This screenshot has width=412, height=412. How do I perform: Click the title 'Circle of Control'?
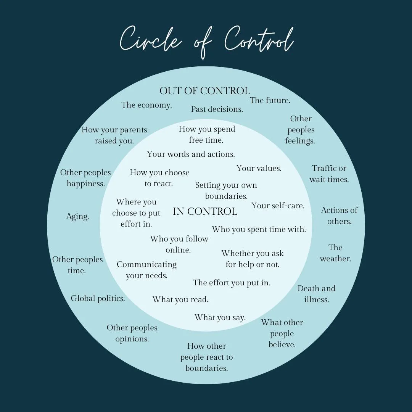206,41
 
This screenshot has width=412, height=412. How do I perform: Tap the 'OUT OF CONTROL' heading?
204,91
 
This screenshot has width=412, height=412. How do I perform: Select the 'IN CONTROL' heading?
205,211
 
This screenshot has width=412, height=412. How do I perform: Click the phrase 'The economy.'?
146,105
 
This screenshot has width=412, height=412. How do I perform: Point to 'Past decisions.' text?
217,109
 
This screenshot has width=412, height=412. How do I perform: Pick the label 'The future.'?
270,101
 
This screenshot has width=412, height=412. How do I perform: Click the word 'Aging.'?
77,217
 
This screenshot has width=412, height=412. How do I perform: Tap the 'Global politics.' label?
98,298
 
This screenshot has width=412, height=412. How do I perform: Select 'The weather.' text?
335,253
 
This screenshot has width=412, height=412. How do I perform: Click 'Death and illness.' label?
316,294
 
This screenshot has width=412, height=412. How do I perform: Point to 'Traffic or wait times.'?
329,174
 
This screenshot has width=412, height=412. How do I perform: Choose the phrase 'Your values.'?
259,168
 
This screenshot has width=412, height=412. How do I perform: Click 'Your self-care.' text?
278,206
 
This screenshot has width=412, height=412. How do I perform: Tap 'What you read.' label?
180,300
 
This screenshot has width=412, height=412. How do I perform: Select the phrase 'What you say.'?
220,318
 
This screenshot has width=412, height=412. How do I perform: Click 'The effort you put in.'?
231,283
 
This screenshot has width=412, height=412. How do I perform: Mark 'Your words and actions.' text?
191,154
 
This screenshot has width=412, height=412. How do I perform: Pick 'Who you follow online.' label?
179,245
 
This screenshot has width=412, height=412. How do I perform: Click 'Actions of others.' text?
339,216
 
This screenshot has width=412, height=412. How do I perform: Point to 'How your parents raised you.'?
114,135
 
